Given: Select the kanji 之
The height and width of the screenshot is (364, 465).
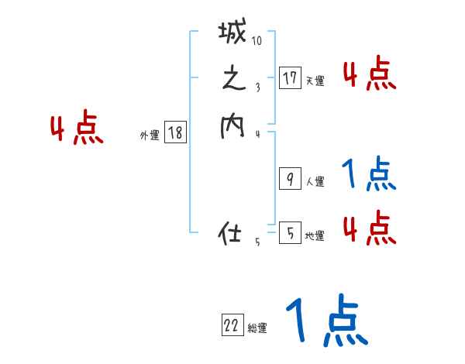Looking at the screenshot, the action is (x=232, y=81).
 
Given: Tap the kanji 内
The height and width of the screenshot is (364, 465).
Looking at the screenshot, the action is (x=232, y=126).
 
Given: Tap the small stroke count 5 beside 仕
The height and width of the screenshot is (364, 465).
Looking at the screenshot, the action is (x=257, y=242).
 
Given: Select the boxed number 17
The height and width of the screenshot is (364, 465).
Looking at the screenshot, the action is (x=290, y=77).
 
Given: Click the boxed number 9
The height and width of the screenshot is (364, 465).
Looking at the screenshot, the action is (x=290, y=180).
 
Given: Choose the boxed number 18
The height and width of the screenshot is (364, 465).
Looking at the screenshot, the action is (x=175, y=133).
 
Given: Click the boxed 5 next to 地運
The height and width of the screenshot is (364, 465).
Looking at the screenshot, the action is (x=290, y=232).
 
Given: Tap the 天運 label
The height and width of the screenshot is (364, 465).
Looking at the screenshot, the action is (x=315, y=81).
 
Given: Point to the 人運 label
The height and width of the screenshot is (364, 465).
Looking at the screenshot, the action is (x=315, y=183).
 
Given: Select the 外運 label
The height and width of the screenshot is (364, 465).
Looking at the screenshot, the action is (x=149, y=136).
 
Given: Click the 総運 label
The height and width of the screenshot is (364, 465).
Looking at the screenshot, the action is (x=257, y=328).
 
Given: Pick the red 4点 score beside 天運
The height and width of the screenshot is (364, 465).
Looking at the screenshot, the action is (x=369, y=74).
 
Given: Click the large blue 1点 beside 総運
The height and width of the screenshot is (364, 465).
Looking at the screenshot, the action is (x=325, y=321).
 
